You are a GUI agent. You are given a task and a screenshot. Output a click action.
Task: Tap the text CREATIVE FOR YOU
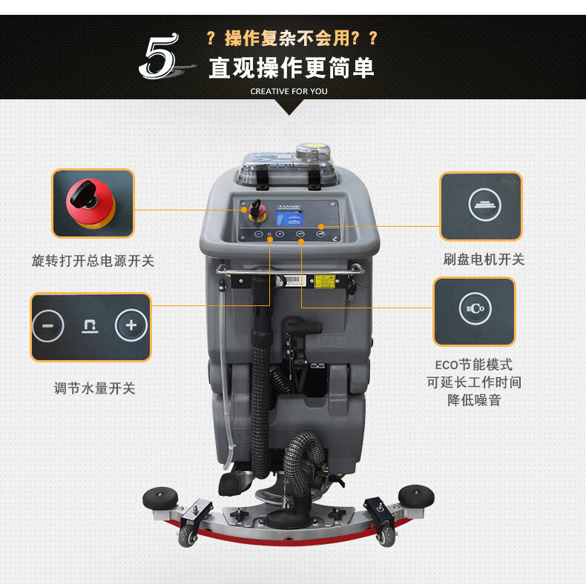pyautogui.click(x=289, y=91)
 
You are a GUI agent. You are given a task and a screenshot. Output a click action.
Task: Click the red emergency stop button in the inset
pyautogui.click(x=90, y=202)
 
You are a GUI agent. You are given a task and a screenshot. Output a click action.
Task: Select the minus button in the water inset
pyautogui.click(x=48, y=325)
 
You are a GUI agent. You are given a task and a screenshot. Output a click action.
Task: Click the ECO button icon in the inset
pyautogui.click(x=475, y=308)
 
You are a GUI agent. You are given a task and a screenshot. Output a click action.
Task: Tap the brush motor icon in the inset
pyautogui.click(x=484, y=205)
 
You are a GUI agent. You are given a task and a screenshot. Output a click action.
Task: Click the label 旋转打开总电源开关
pyautogui.click(x=93, y=261)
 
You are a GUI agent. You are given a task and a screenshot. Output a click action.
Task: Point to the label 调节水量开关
pyautogui.click(x=94, y=388)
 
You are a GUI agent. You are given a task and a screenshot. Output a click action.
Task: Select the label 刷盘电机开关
pyautogui.click(x=484, y=259)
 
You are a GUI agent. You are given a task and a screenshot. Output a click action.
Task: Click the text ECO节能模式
pyautogui.click(x=474, y=365)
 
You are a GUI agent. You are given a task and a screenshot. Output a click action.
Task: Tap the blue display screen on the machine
pyautogui.click(x=289, y=219)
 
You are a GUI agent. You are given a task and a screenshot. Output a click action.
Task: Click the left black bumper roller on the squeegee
pyautogui.click(x=160, y=497)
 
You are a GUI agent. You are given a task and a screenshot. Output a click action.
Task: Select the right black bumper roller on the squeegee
pyautogui.click(x=416, y=496)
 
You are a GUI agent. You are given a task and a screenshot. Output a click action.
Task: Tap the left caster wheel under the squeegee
pyautogui.click(x=188, y=537)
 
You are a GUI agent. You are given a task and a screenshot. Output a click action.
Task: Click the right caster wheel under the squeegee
pyautogui.click(x=386, y=537)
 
